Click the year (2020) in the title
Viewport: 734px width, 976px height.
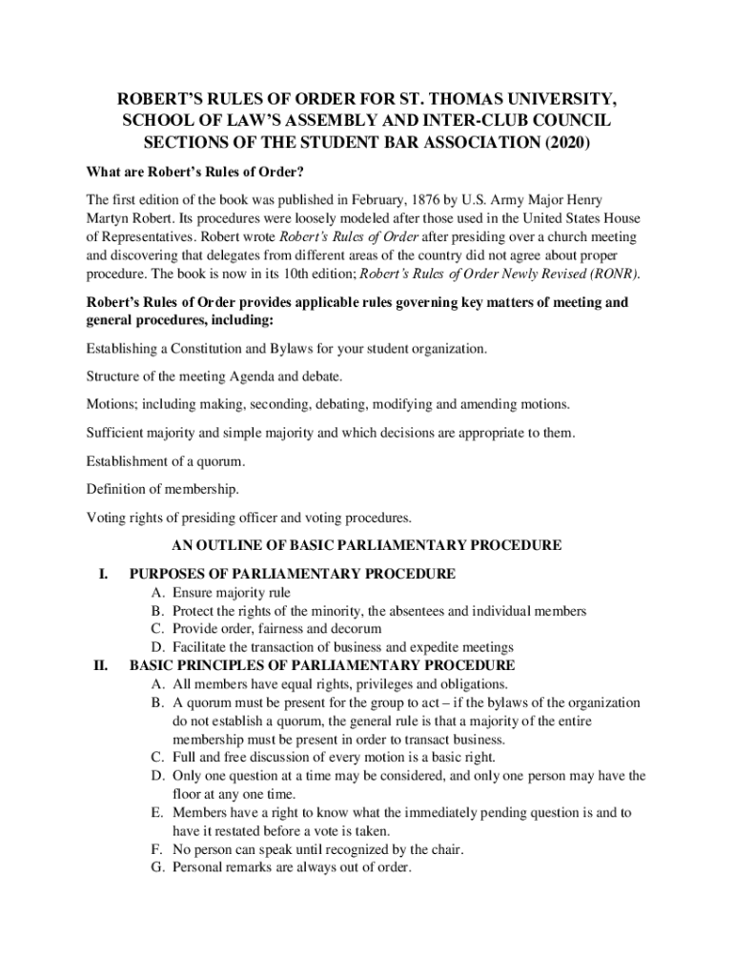point(565,144)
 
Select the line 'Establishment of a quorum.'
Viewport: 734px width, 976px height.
point(166,461)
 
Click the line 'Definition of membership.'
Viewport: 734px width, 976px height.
point(163,489)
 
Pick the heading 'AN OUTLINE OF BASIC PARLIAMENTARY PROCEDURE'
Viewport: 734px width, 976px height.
point(366,546)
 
